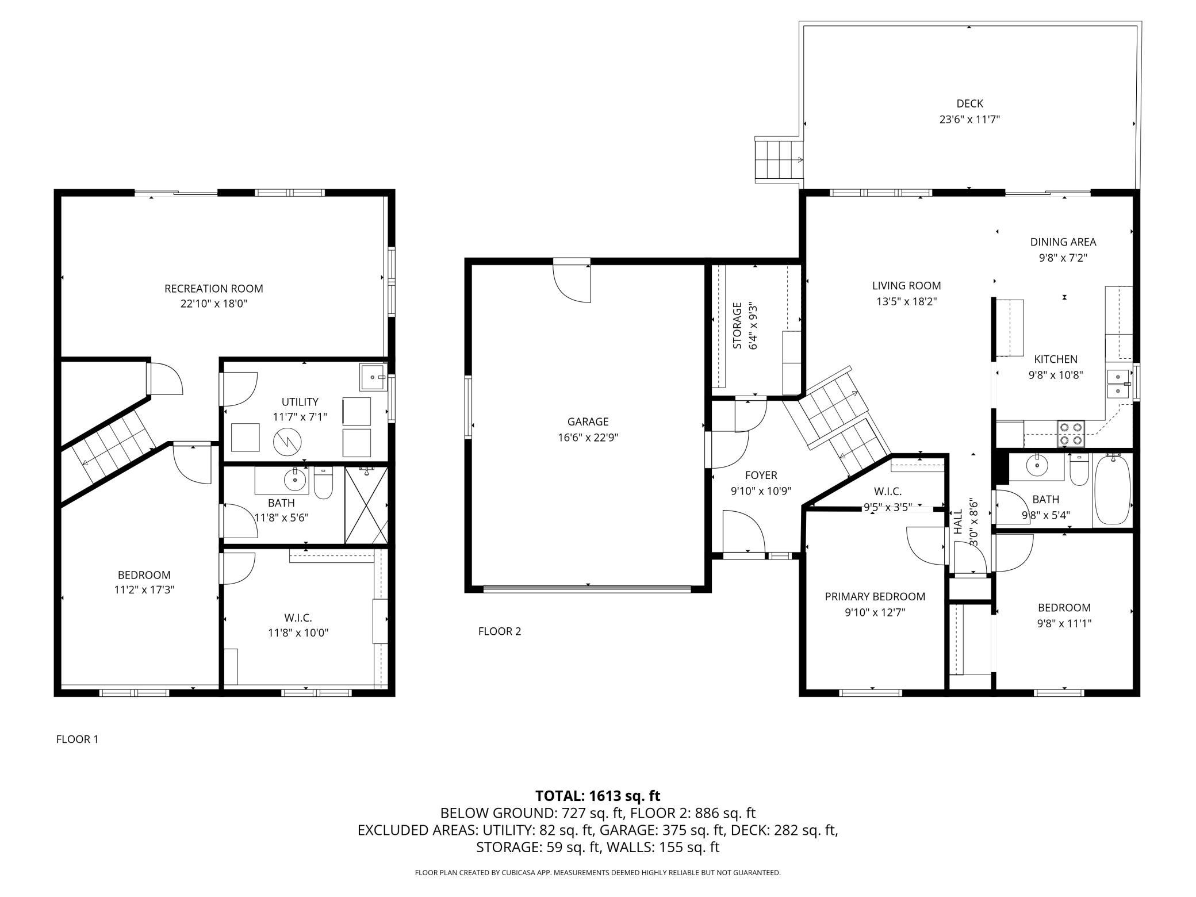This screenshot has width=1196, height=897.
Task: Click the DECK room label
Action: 969,103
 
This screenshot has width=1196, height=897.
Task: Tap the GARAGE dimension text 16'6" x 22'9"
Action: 588,438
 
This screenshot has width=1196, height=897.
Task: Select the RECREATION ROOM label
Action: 214,289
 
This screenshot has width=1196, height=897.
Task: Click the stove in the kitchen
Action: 1071,434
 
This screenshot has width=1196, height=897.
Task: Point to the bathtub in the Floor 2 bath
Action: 1112,489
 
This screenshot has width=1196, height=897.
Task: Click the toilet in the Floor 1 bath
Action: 323,483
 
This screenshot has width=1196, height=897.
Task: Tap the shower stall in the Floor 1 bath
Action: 366,505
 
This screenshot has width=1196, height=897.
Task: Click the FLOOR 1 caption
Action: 77,739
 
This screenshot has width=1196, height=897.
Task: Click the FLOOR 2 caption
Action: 500,631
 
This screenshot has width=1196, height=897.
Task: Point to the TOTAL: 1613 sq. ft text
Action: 597,796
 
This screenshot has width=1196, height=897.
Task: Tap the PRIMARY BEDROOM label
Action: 875,597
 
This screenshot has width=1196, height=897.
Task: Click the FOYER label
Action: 761,475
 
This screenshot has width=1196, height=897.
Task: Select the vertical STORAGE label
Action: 737,325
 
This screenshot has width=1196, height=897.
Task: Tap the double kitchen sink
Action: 1118,384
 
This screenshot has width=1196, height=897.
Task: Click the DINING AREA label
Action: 1063,242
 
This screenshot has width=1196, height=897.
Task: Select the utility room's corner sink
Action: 373,377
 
